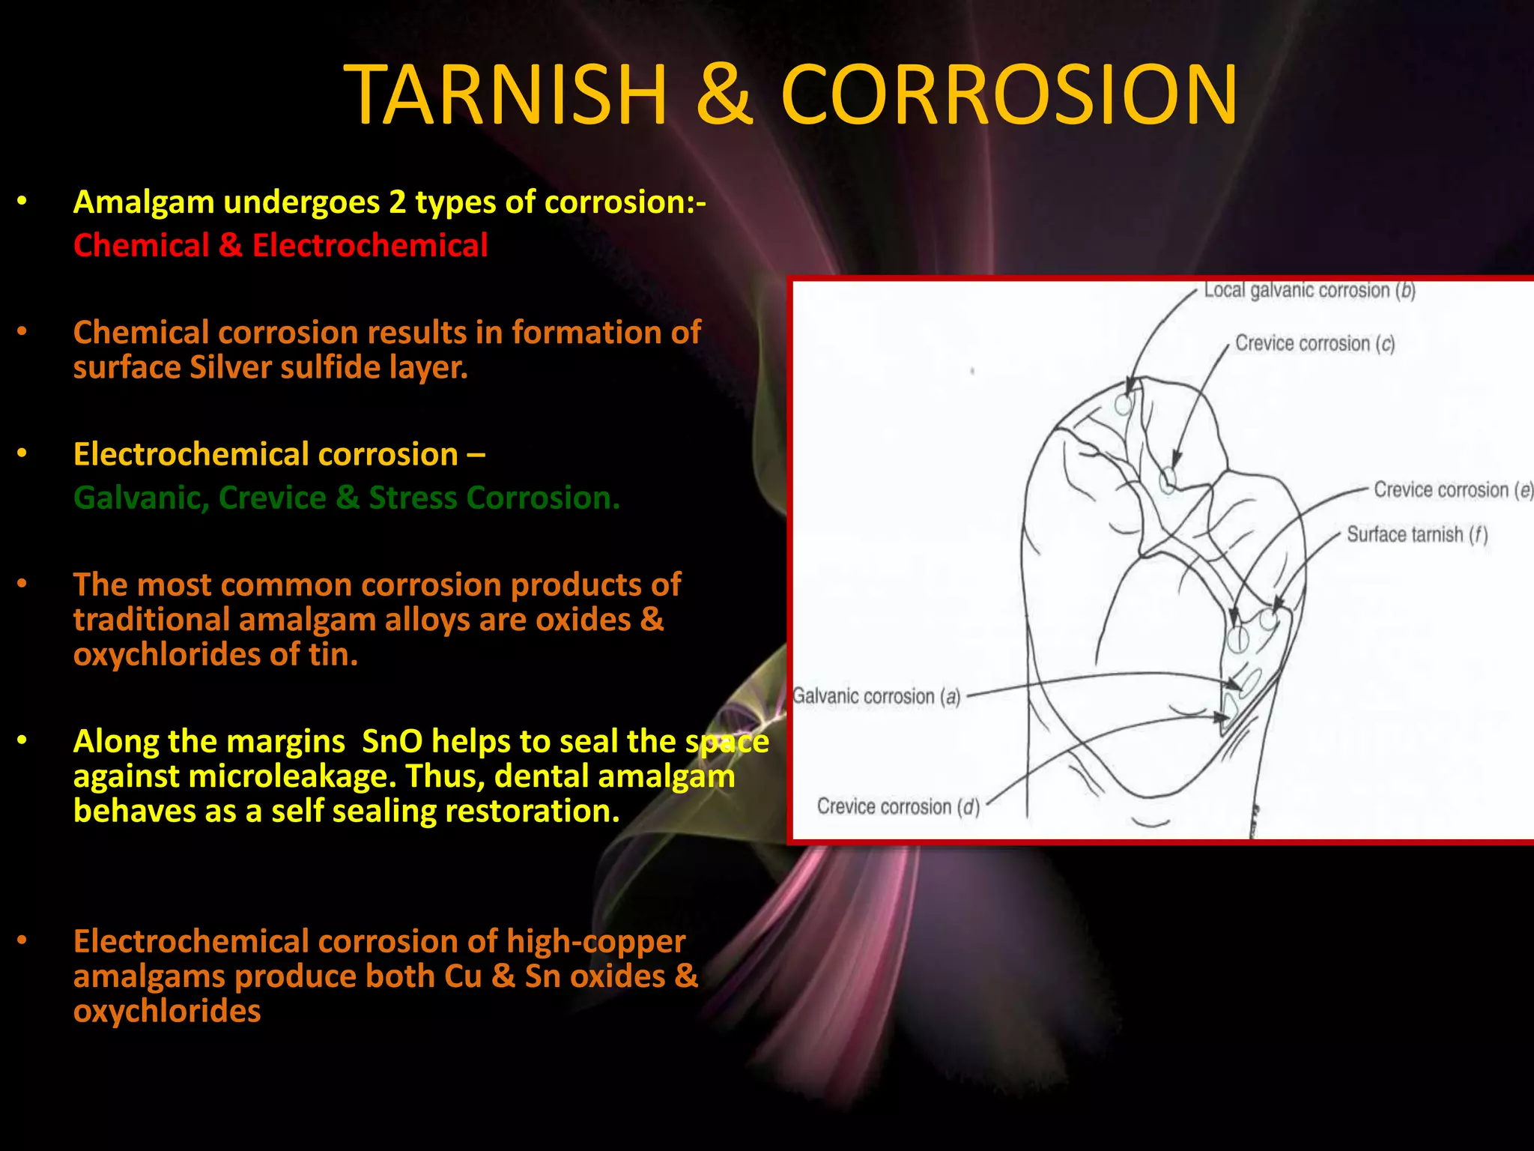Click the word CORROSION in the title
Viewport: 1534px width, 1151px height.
tap(1009, 95)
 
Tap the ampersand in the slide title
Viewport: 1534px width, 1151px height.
tap(724, 95)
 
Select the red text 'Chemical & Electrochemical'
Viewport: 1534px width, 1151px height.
tap(280, 246)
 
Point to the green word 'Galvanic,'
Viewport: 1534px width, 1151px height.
tap(142, 498)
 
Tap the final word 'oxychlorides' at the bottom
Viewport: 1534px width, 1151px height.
tap(167, 1011)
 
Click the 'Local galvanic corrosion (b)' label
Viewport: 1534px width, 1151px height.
tap(1309, 291)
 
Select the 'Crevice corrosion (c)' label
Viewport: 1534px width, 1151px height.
tap(1315, 343)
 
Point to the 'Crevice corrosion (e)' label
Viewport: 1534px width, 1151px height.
tap(1452, 490)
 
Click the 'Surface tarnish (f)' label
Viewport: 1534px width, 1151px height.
tap(1416, 534)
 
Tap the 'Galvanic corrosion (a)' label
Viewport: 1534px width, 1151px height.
tap(876, 697)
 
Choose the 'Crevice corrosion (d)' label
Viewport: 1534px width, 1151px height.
tap(898, 807)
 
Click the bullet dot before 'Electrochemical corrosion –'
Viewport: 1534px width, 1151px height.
tap(22, 454)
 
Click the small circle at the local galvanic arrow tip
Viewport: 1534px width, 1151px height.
tap(1123, 405)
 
